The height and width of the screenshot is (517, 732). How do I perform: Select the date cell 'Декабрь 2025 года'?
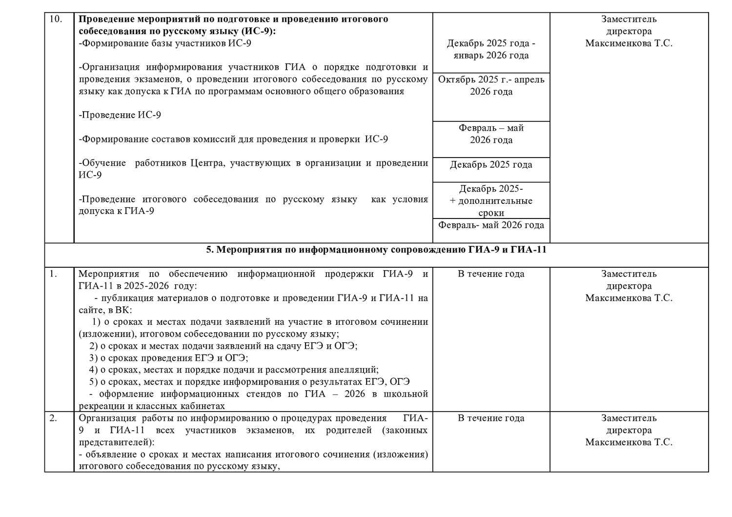(x=491, y=165)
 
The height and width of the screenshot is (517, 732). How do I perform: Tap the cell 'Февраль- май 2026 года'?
(x=491, y=225)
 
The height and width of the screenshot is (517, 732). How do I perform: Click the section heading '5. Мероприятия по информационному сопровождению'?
(x=376, y=250)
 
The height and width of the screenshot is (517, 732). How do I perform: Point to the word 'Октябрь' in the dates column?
(x=455, y=80)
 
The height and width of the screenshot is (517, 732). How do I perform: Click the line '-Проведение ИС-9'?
(x=120, y=115)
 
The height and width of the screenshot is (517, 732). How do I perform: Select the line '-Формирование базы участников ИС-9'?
(x=165, y=43)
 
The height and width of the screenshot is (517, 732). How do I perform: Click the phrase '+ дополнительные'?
(x=491, y=201)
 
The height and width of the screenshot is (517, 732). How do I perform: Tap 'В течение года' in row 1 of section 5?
(x=491, y=274)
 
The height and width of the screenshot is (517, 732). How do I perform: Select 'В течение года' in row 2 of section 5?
(x=491, y=418)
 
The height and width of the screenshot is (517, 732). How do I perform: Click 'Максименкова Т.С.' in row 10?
(x=629, y=43)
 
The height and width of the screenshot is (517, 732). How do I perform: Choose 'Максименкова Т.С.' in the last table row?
(x=629, y=442)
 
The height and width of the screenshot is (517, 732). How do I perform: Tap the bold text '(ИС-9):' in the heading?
(x=258, y=31)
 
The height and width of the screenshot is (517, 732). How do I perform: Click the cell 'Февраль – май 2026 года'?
(x=491, y=134)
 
